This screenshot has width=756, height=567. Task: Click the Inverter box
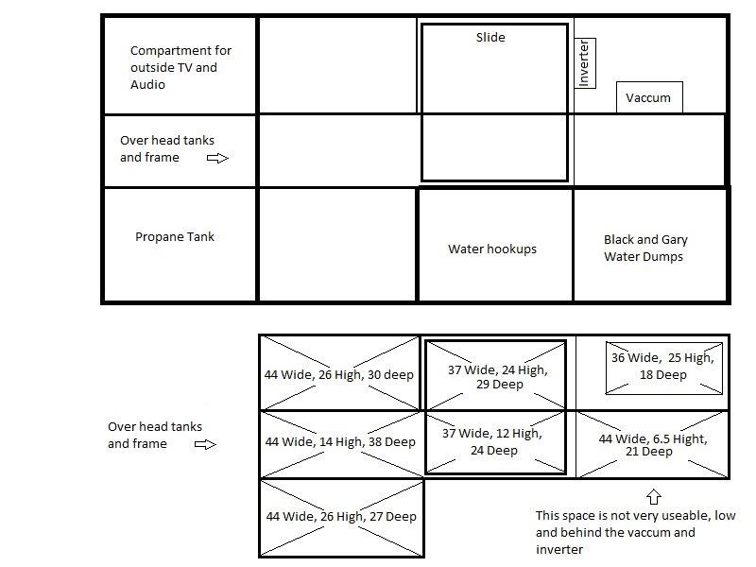tap(585, 63)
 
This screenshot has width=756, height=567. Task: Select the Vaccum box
tap(649, 97)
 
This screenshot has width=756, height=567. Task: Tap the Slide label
tap(490, 37)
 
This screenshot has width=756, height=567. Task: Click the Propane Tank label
tap(175, 237)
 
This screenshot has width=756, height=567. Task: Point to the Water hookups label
tap(491, 249)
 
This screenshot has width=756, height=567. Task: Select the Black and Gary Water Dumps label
tap(645, 248)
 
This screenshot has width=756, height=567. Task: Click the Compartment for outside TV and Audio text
tap(180, 67)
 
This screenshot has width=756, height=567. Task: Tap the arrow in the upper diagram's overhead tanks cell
tap(217, 158)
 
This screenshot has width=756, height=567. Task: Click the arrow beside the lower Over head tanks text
tap(205, 444)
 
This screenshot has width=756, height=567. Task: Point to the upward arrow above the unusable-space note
tap(653, 497)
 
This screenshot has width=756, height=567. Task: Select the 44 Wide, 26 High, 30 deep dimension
tap(339, 374)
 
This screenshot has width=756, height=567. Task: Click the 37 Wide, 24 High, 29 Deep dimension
tap(498, 377)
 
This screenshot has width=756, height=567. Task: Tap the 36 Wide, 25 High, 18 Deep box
tap(663, 369)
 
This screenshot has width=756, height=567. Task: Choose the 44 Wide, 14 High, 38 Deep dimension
tap(340, 441)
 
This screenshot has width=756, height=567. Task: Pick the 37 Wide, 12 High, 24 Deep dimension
tap(492, 441)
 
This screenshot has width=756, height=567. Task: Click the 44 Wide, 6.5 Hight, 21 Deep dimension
tap(653, 445)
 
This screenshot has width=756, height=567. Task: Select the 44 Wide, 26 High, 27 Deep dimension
tap(341, 516)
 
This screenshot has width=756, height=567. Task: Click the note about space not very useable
tap(635, 532)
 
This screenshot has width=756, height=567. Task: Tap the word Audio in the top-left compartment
tap(147, 84)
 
